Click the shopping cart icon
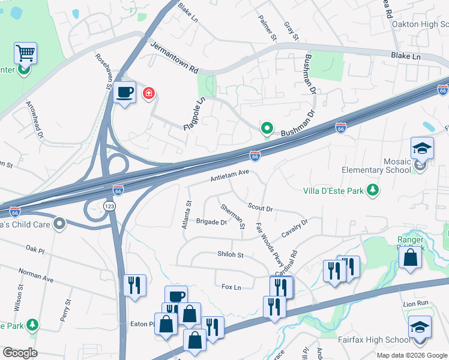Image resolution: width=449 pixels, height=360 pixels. click(x=25, y=53)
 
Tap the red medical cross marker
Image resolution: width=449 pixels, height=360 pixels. click(x=148, y=94)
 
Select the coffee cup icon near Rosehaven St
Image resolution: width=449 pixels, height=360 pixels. click(x=125, y=92)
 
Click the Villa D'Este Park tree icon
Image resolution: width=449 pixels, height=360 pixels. click(x=373, y=190)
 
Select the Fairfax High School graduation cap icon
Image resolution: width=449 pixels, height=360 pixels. click(x=420, y=327)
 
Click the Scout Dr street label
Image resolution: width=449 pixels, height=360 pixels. click(x=261, y=207)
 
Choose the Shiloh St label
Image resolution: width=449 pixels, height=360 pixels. click(x=230, y=254)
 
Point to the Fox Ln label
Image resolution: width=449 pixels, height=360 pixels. click(x=231, y=287)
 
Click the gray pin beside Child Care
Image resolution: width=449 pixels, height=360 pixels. click(x=59, y=224)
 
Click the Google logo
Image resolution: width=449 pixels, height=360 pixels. click(x=20, y=353)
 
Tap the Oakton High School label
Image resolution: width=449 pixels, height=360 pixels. click(x=420, y=24)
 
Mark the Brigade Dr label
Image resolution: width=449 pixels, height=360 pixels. click(x=211, y=222)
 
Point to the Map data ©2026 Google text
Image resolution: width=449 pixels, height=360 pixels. click(x=412, y=355)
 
